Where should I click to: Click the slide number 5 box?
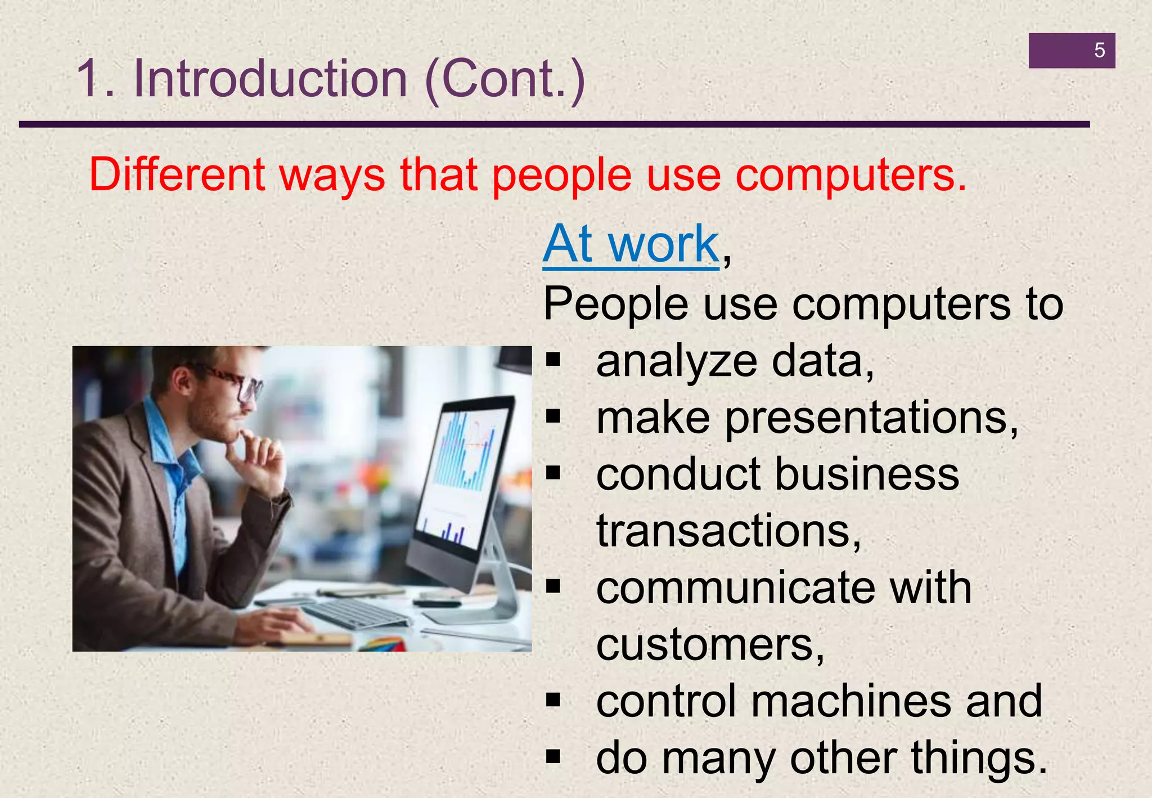(x=1072, y=51)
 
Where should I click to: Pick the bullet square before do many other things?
(x=553, y=757)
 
